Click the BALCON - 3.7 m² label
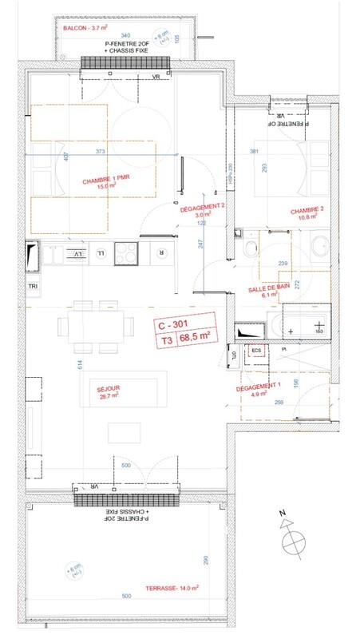[85, 28]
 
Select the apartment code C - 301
[176, 325]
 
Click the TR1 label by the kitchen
[33, 286]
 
